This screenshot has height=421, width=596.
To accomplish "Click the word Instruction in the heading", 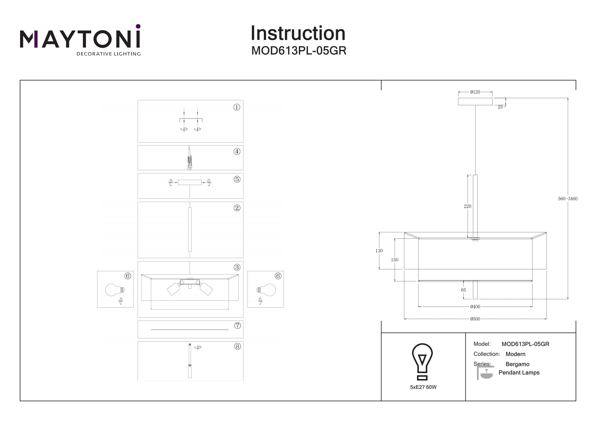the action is coord(298,34).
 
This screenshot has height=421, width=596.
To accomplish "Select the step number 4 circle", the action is coord(237,151).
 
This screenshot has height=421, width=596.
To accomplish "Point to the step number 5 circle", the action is coord(237,179).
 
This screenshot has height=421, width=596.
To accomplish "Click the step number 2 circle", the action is coord(237,208).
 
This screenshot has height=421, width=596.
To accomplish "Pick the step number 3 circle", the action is coord(237,267).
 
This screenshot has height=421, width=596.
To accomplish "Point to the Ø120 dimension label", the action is coord(475,92).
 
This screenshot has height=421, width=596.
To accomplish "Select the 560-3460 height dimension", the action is coord(568,199).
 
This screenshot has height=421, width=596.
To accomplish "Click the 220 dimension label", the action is coord(467,206).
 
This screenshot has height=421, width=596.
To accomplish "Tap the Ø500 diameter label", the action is coord(475,319).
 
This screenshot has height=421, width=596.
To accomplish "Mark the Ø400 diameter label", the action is coord(475,307).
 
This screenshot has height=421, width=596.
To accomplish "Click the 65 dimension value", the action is coord(463,290).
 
